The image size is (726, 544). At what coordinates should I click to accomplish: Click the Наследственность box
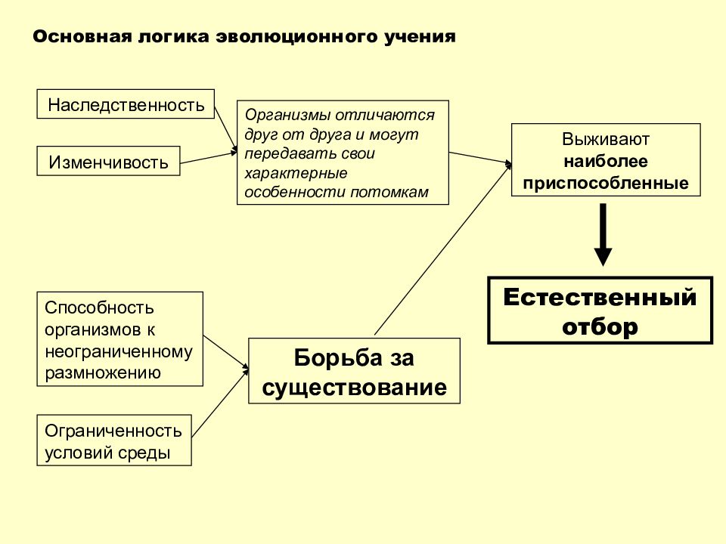[x=126, y=104]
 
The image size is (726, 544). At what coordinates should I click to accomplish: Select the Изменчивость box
[x=108, y=161]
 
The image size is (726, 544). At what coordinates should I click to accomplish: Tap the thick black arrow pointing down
[x=603, y=234]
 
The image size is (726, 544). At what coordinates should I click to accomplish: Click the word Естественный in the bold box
[x=600, y=297]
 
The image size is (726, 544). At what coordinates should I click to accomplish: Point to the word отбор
[x=600, y=326]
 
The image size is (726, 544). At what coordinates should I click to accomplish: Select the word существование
[x=354, y=387]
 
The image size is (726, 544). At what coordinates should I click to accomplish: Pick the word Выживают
[x=606, y=139]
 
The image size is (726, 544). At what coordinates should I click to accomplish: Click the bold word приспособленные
[x=606, y=183]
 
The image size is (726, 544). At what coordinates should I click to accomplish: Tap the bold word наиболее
[x=606, y=161]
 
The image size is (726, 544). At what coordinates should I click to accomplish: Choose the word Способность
[x=99, y=308]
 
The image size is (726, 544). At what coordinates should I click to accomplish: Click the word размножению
[x=103, y=372]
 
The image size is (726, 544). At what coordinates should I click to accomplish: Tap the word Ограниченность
[x=113, y=431]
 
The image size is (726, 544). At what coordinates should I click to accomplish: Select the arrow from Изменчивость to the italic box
[x=209, y=157]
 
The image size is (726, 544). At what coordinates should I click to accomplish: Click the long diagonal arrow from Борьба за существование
[x=444, y=248]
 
